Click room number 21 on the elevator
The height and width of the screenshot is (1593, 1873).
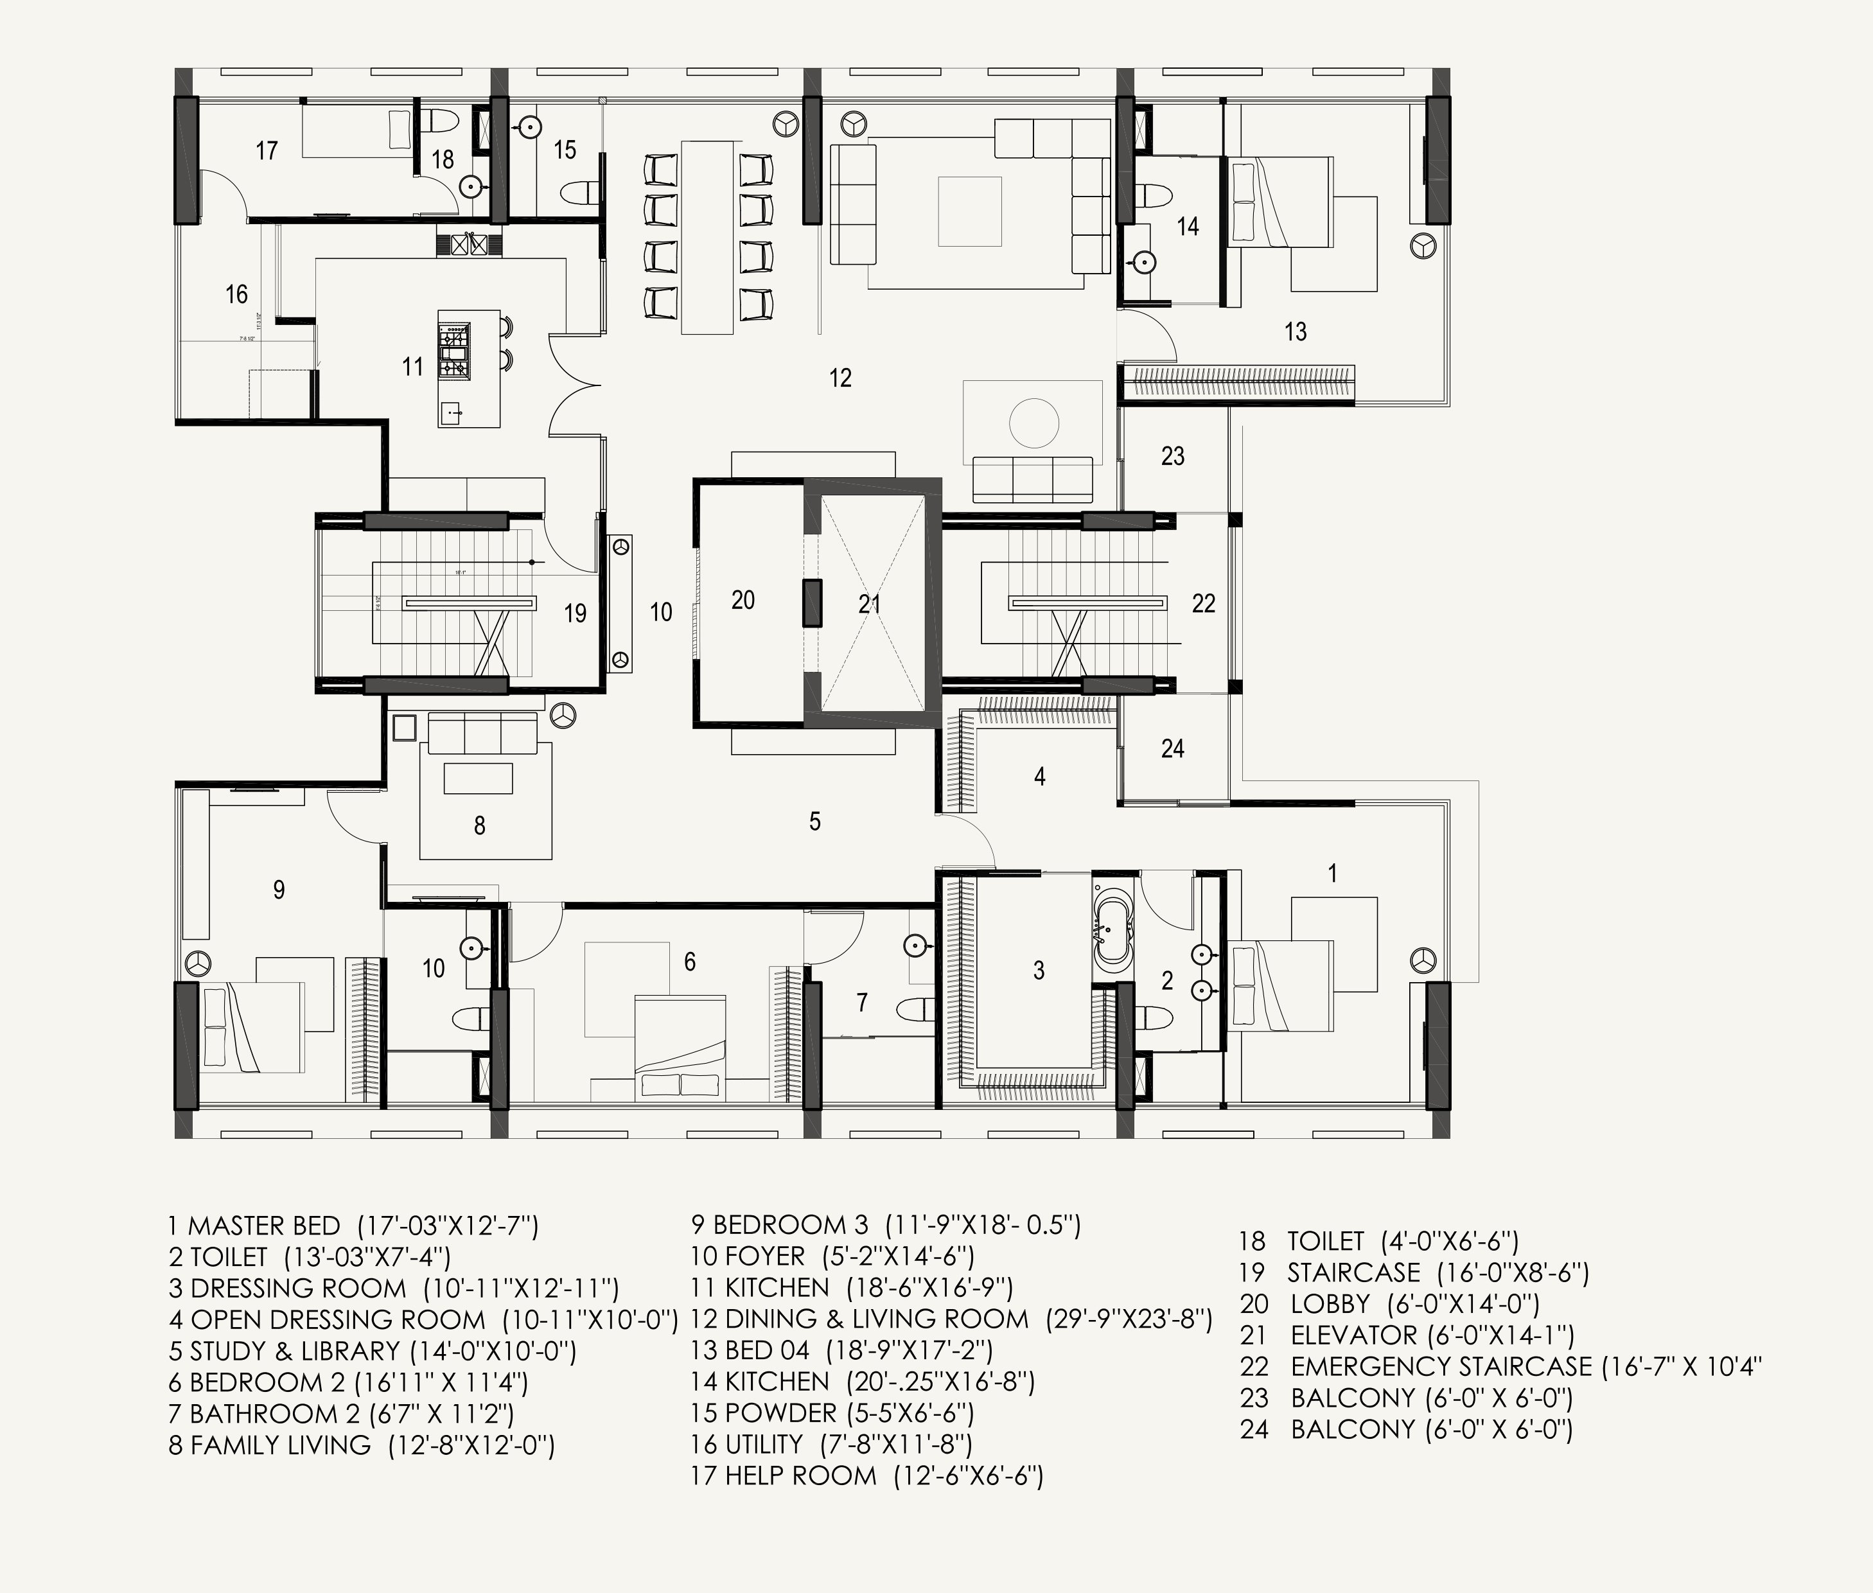869,603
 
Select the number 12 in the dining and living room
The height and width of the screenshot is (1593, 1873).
840,378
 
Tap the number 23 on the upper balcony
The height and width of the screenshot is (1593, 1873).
1172,456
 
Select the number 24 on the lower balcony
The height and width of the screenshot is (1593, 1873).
1172,748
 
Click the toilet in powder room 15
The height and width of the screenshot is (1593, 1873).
579,191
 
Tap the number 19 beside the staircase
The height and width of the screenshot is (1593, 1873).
576,613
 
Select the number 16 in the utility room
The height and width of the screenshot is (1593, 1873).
236,294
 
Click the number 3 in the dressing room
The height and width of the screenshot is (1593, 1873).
1039,970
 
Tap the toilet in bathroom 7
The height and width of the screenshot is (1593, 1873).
916,1010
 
